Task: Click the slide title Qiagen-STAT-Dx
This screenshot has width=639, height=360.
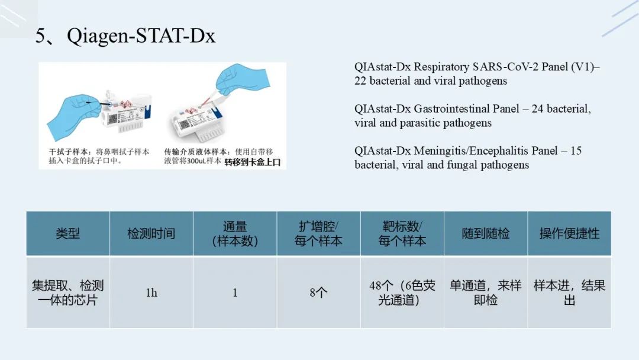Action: point(141,36)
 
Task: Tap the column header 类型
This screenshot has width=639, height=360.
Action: point(67,234)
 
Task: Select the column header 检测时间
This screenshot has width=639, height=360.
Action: point(151,234)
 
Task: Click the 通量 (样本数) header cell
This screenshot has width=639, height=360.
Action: point(235,234)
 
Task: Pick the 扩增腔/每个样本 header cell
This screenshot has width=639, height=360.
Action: point(318,234)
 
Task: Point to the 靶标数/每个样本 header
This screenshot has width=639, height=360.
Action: point(402,234)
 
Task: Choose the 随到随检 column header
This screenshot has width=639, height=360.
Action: point(486,234)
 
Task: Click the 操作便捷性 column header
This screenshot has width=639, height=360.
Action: point(569,234)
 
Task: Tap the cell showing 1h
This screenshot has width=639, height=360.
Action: point(151,292)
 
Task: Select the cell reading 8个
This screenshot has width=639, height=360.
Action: point(318,292)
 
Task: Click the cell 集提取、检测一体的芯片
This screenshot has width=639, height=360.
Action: point(67,292)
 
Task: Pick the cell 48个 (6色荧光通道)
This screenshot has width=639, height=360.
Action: point(402,292)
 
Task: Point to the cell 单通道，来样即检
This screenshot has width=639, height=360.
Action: point(486,292)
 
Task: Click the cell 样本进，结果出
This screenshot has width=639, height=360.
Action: point(569,292)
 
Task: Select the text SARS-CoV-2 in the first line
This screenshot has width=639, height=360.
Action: point(505,66)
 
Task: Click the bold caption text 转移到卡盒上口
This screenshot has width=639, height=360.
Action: point(253,162)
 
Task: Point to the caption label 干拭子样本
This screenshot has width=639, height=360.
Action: point(67,152)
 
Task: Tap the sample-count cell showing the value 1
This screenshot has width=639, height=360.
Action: point(235,292)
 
